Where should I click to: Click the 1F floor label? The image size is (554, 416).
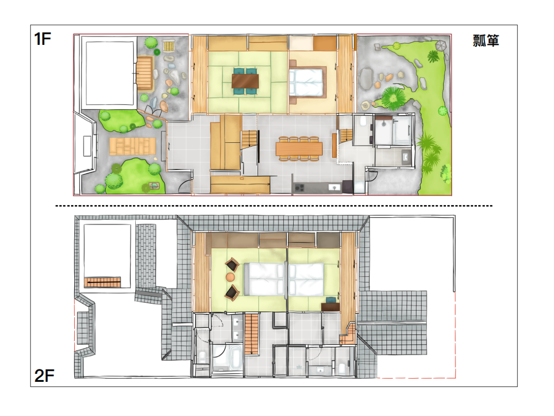click(42, 39)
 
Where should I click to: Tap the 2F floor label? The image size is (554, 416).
click(44, 376)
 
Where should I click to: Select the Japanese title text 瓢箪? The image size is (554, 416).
click(486, 40)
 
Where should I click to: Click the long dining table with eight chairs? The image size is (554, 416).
click(299, 148)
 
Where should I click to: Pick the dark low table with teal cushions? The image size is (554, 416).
click(245, 81)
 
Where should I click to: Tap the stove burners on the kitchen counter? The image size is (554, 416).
click(299, 188)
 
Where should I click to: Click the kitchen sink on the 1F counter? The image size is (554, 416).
click(334, 187)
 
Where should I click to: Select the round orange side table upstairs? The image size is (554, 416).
click(230, 277)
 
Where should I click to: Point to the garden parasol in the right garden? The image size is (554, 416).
click(441, 45)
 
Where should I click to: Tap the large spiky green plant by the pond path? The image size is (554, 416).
click(393, 98)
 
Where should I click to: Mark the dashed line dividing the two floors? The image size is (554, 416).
click(274, 206)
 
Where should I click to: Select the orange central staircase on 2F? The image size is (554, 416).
click(252, 334)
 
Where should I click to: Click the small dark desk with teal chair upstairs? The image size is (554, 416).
click(331, 306)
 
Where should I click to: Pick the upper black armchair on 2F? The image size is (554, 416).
click(232, 264)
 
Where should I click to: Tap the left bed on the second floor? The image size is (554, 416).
click(264, 279)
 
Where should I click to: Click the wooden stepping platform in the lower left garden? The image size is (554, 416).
click(132, 146)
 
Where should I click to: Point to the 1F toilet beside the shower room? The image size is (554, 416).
click(363, 121)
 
